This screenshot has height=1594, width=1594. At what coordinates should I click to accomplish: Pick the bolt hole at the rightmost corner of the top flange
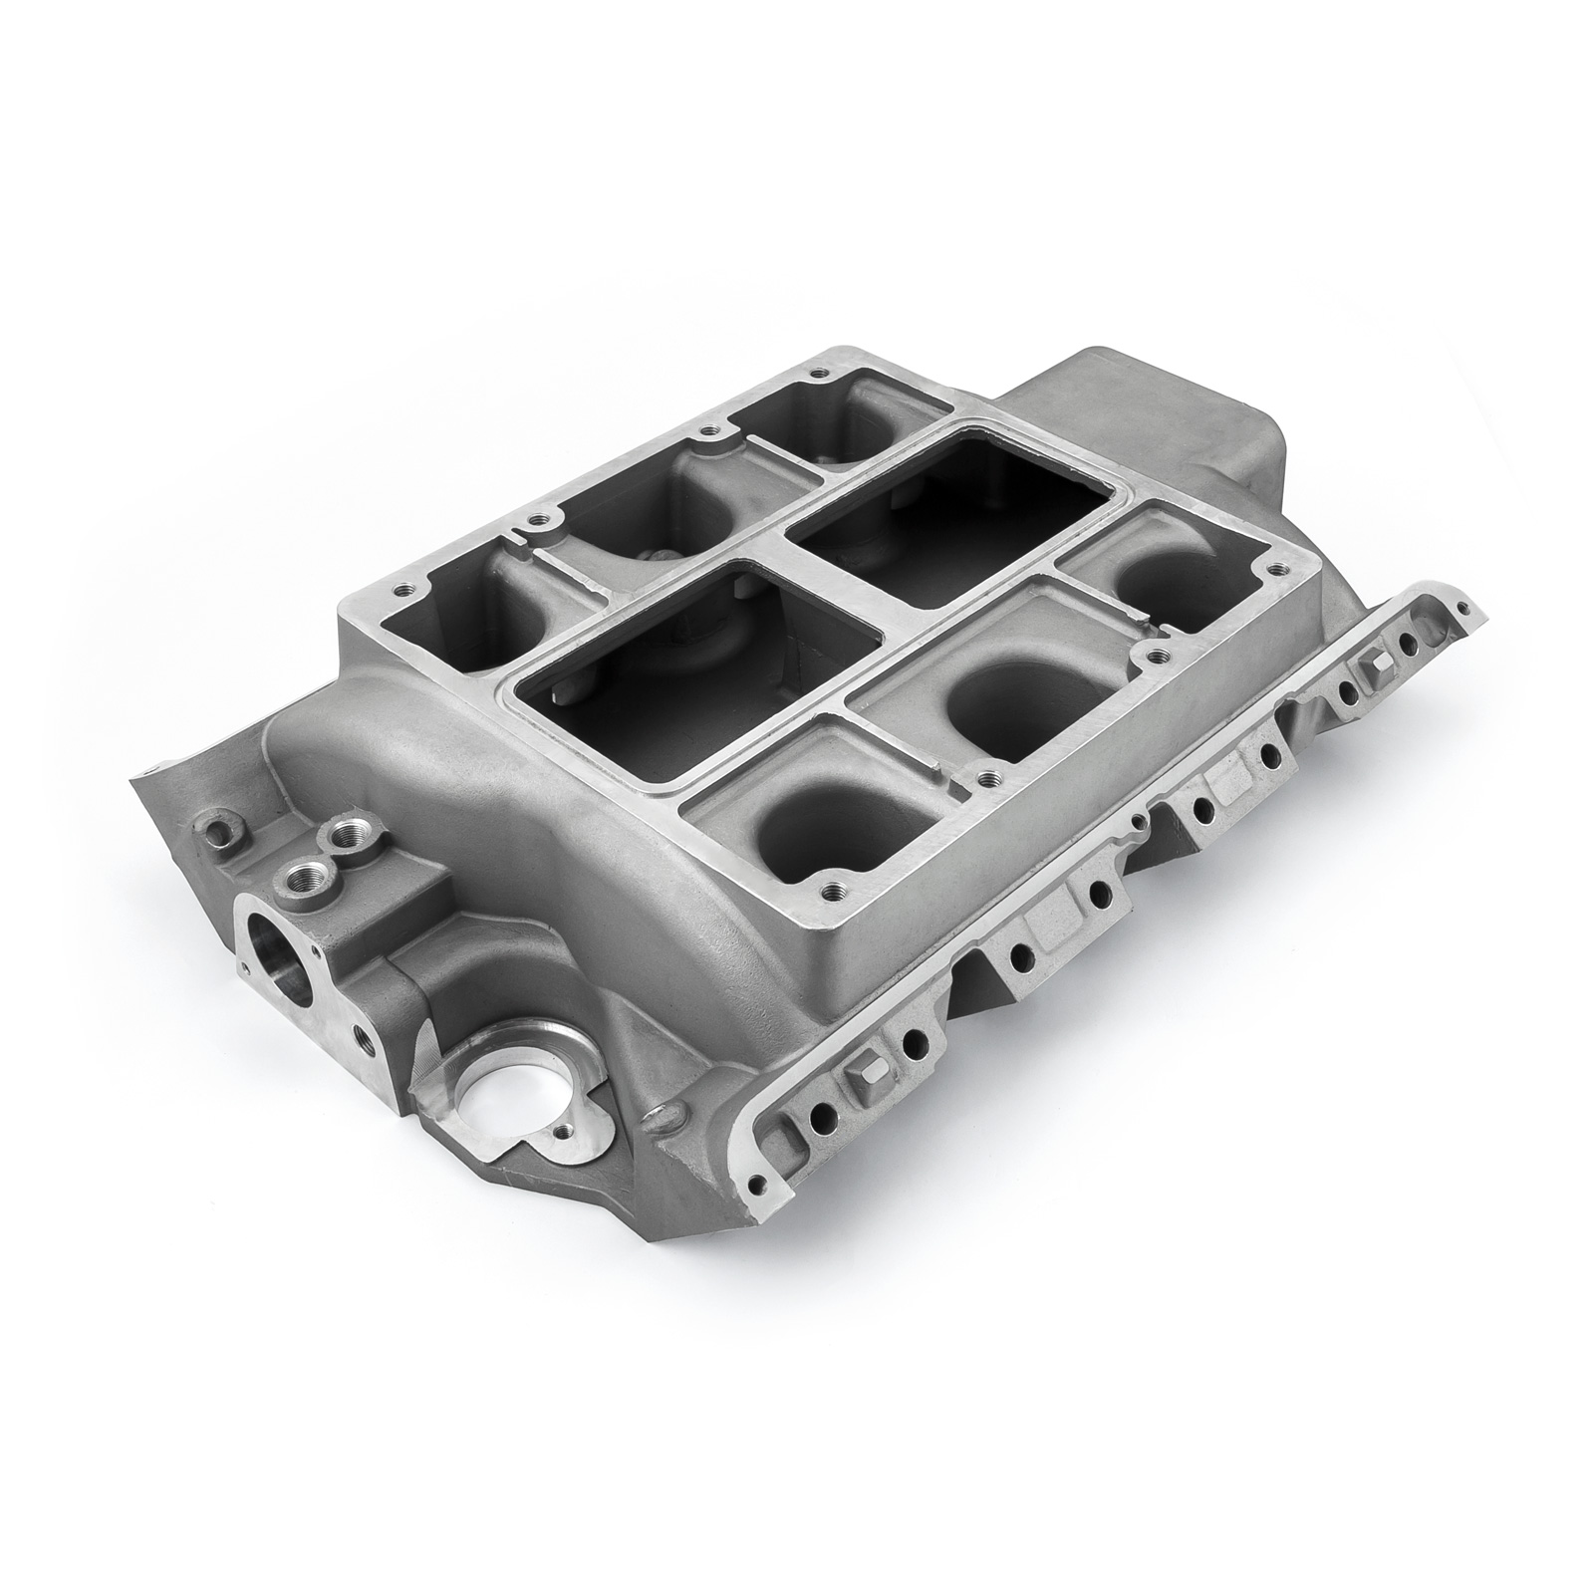pyautogui.click(x=1272, y=570)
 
